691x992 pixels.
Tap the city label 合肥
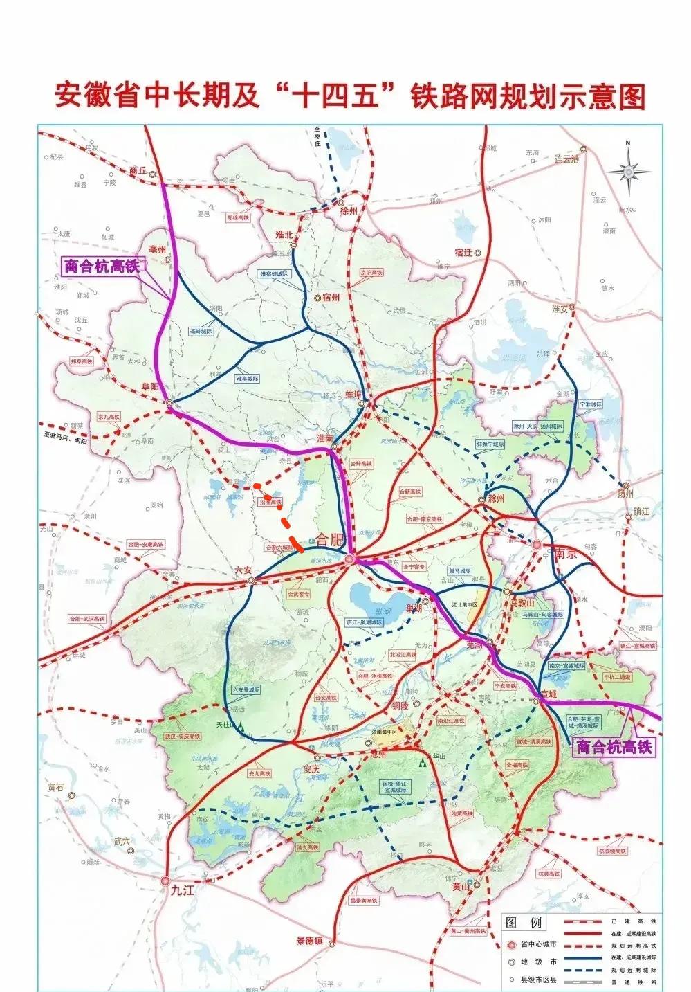[329, 539]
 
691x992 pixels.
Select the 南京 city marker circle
[537, 545]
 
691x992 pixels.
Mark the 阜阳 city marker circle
[169, 402]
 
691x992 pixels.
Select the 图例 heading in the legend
[525, 923]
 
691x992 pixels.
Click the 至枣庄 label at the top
[317, 136]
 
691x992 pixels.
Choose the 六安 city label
[243, 570]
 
